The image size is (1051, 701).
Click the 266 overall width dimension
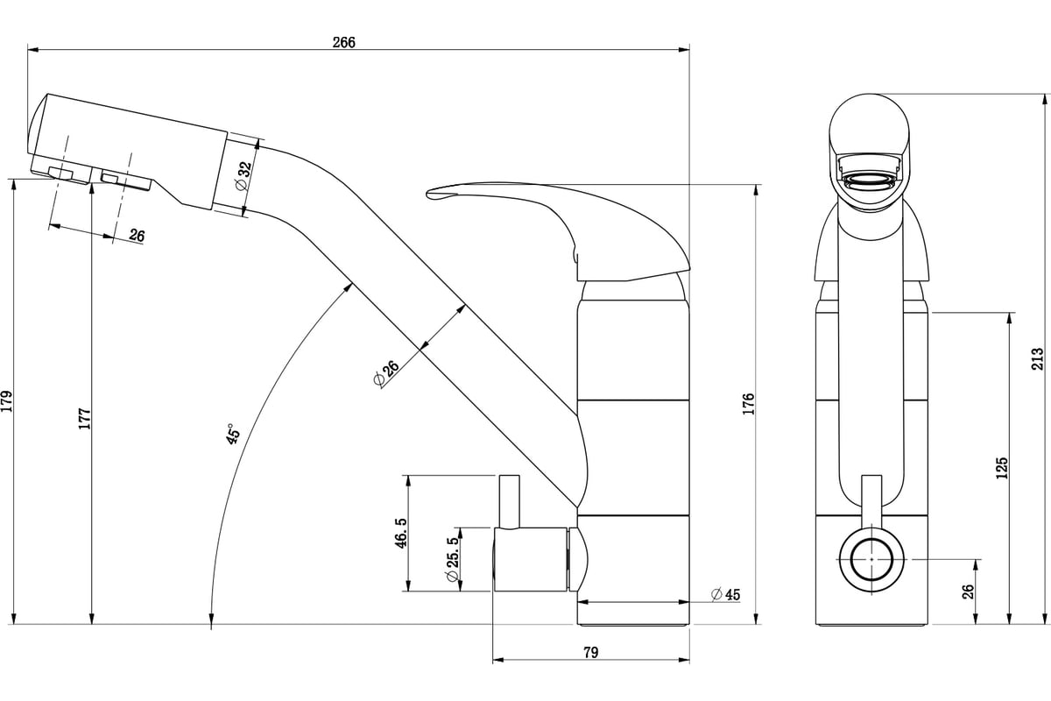(x=344, y=42)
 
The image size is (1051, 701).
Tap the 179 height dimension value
(x=7, y=401)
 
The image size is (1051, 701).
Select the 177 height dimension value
(x=84, y=418)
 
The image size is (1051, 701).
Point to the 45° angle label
(x=233, y=434)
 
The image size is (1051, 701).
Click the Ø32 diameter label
(x=244, y=176)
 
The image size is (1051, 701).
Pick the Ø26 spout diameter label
(x=386, y=373)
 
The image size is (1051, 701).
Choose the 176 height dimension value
(x=748, y=404)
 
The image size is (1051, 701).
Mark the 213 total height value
(x=1038, y=358)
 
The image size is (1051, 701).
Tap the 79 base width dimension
(x=591, y=652)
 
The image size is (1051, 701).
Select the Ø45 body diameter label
(x=725, y=594)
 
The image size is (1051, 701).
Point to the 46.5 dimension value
(x=401, y=533)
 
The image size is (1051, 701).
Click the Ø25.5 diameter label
(x=453, y=560)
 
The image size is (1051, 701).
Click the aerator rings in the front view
(x=869, y=180)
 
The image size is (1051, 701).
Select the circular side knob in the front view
(x=871, y=559)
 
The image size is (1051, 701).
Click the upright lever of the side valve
(x=509, y=501)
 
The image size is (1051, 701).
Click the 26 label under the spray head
(x=137, y=235)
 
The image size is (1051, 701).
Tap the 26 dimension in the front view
(x=968, y=591)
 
